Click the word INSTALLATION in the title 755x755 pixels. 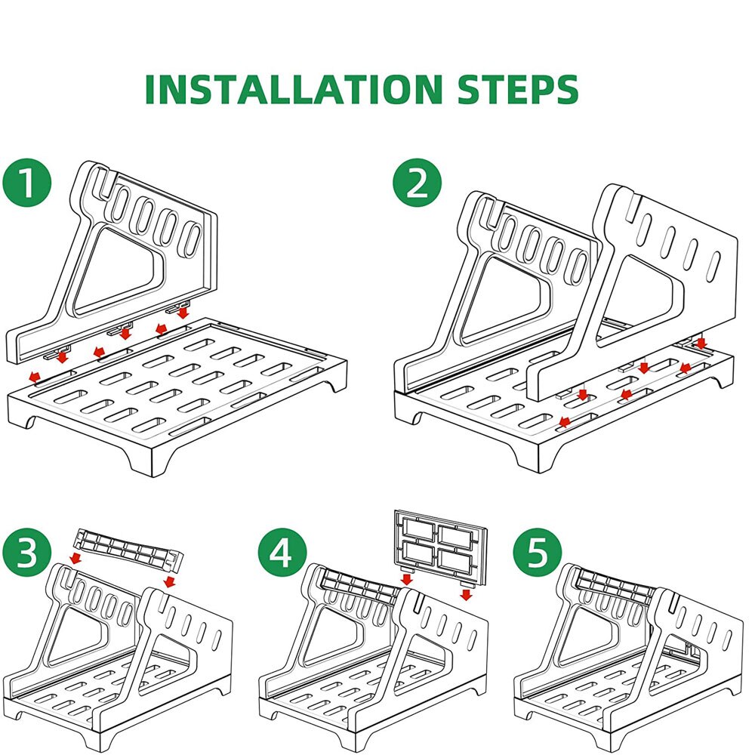293,89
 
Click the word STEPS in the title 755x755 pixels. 518,89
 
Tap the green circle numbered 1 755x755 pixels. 27,183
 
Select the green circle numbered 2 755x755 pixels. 417,183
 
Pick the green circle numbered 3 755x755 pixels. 27,553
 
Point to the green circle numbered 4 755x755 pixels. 282,553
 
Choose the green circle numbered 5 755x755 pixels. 538,553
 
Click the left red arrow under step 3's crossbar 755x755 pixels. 75,558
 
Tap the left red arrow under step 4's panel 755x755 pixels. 407,579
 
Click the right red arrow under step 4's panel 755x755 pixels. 466,595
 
